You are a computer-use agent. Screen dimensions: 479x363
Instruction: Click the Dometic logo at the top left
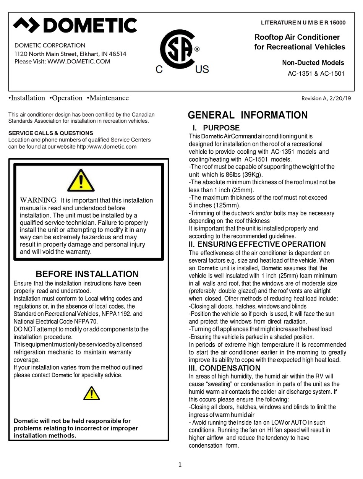tap(75, 26)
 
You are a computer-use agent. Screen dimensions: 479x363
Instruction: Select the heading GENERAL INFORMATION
tap(248, 115)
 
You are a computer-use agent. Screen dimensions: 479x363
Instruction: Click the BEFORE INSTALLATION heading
tap(87, 274)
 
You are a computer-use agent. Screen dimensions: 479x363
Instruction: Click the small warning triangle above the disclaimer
tap(92, 393)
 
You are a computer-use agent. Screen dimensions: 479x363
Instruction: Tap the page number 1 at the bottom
tap(180, 465)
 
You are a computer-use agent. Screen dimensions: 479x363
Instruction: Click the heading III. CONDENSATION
tap(225, 368)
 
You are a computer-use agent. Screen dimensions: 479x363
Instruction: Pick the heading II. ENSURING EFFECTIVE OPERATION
tap(258, 244)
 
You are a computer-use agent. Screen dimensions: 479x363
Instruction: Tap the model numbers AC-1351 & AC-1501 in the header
tap(316, 74)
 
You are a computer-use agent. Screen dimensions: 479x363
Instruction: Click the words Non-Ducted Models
tap(313, 63)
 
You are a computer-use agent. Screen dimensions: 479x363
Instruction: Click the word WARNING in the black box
tap(38, 200)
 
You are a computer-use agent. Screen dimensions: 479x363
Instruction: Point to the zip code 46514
tap(117, 54)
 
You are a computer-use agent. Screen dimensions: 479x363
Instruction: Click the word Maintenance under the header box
tap(108, 98)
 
